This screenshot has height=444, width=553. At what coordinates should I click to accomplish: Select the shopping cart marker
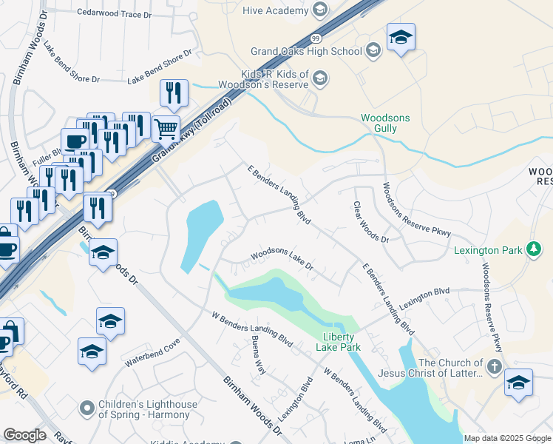pos(166,129)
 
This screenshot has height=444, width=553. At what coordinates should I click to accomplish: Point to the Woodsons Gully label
pos(379,123)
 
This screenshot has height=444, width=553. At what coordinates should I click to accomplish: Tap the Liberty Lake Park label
pos(338,341)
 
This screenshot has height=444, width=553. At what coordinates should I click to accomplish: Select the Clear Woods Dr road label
pos(370,222)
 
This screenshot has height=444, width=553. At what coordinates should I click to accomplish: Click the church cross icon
pos(493,366)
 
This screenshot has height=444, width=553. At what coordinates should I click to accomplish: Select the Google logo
pos(24,435)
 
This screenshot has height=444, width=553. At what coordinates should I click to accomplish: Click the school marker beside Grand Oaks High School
pos(401,37)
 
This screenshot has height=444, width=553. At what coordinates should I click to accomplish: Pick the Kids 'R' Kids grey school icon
pos(320,78)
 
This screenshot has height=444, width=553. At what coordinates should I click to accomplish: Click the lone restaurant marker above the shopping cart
pos(174,93)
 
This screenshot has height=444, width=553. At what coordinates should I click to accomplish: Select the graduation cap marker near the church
pos(518,383)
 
